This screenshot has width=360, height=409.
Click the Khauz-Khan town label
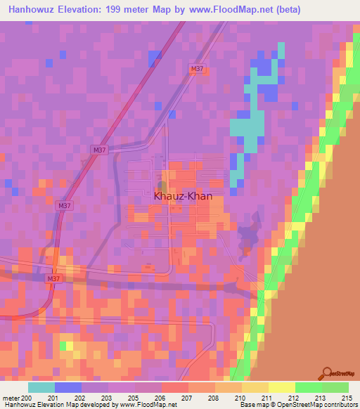click(183, 197)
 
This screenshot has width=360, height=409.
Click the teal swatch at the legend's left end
click(41, 387)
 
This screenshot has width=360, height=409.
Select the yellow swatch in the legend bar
click(282, 387)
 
